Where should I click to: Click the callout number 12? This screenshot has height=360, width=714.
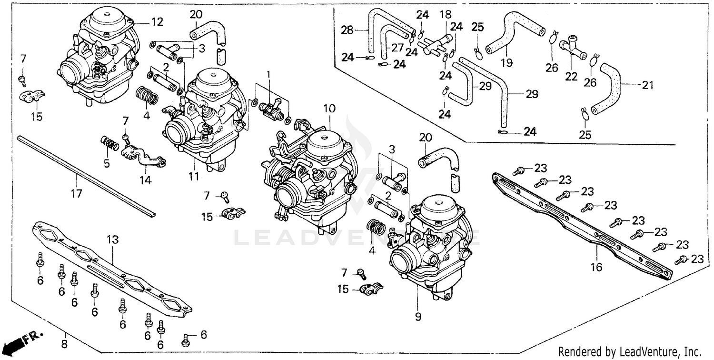(157, 22)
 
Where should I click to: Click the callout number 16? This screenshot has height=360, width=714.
(596, 267)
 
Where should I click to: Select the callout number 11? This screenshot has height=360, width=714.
(193, 177)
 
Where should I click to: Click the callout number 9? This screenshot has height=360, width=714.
(418, 317)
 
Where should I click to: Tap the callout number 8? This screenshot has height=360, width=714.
(64, 342)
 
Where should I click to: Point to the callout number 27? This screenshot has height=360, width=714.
(397, 48)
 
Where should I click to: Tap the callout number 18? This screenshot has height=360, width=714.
(445, 14)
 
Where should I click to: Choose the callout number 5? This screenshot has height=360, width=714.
(107, 163)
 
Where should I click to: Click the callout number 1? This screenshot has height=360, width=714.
(268, 75)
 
